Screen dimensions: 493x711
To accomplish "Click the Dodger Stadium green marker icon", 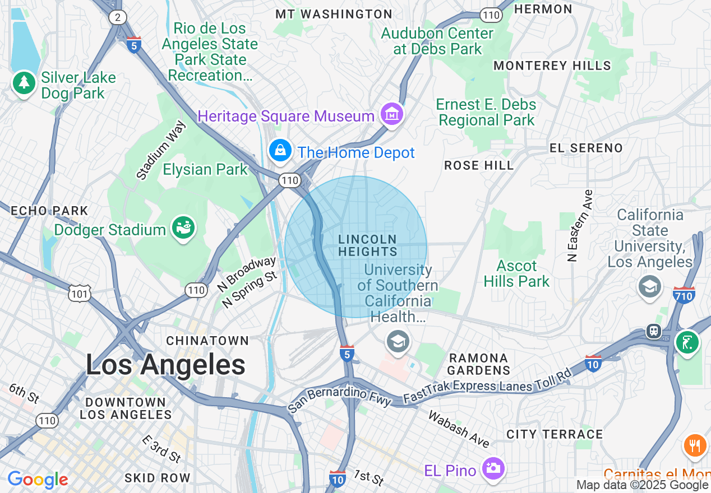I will click(x=183, y=229).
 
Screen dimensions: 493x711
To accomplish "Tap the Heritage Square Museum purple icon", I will click(x=392, y=115).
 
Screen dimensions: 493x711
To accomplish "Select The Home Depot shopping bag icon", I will click(x=279, y=151).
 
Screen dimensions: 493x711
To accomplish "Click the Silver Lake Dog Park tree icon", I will click(x=23, y=83).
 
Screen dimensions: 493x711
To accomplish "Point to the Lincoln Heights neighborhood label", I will click(x=368, y=246).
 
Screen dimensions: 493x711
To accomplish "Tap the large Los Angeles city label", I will click(x=165, y=365).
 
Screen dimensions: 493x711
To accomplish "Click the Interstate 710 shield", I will click(x=684, y=295).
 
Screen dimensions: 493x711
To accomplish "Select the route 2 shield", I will click(x=117, y=17).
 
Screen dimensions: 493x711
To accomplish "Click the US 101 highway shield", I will click(x=79, y=293).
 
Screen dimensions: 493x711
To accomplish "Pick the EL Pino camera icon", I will click(x=493, y=469).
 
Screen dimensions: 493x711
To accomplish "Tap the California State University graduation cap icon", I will click(x=649, y=287).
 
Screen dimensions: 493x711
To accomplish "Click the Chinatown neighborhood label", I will click(x=207, y=341).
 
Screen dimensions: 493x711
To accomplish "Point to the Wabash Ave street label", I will click(x=458, y=429).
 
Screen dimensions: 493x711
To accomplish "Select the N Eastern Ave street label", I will click(x=573, y=226).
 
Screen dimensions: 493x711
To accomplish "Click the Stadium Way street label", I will click(x=161, y=150).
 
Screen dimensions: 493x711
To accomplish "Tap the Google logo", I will click(x=38, y=480).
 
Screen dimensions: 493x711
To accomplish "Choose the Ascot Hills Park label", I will click(x=516, y=273).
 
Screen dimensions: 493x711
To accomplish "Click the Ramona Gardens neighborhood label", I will click(x=478, y=364).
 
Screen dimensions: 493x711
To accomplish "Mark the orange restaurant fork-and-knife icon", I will click(x=694, y=446).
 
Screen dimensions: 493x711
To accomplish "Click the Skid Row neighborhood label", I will click(x=157, y=478).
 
